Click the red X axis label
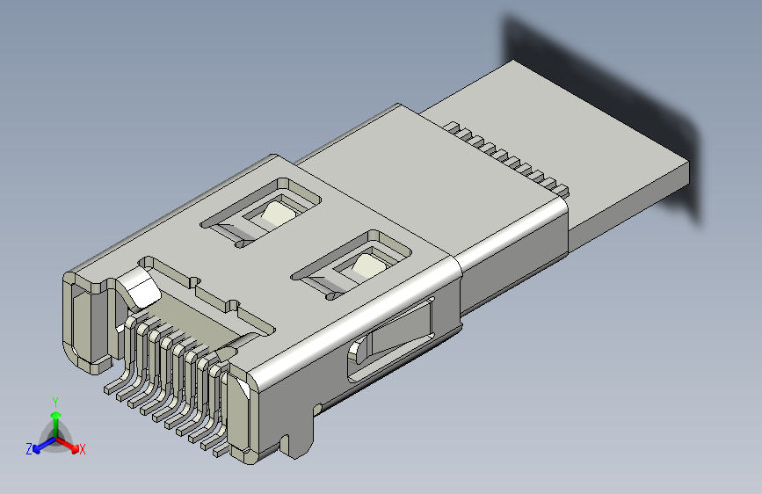tap(83, 450)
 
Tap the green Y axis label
tap(55, 400)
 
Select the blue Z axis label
tap(29, 449)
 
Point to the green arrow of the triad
tap(55, 418)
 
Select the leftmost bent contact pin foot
tap(113, 386)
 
